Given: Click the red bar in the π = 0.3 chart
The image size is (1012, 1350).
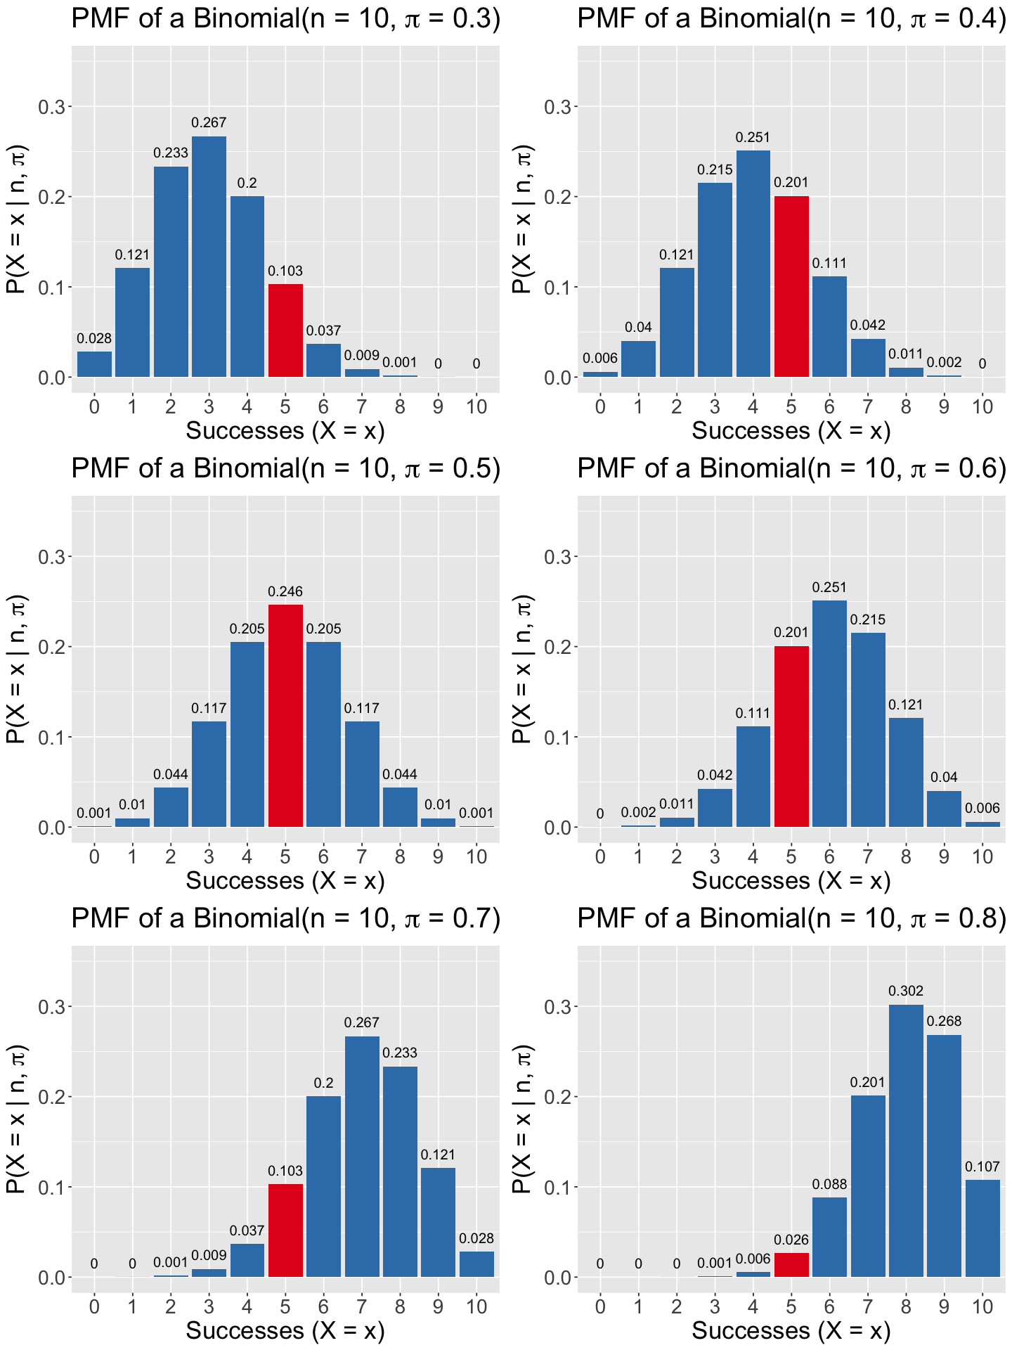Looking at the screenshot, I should [x=285, y=330].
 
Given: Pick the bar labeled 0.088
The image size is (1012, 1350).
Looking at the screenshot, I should [x=829, y=1237].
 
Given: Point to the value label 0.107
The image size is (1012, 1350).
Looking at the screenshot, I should [x=982, y=1166].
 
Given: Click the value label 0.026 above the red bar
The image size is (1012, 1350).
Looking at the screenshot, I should [x=791, y=1240].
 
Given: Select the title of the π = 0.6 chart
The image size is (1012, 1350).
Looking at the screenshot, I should [x=791, y=468].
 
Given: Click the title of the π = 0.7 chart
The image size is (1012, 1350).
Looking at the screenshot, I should [x=285, y=918].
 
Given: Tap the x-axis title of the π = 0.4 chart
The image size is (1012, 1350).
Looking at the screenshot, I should [x=791, y=430].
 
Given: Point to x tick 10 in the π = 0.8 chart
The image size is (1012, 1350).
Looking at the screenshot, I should [x=982, y=1306].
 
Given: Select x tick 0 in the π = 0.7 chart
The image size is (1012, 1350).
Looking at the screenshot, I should [x=94, y=1306].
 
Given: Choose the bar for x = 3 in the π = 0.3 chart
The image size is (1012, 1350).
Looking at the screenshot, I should [x=209, y=257].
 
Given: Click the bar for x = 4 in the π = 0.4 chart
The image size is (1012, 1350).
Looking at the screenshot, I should [x=753, y=264].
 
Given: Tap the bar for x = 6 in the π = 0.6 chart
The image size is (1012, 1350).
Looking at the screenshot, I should [x=829, y=714].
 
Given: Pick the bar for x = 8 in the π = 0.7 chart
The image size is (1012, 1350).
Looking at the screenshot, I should [x=400, y=1171].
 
